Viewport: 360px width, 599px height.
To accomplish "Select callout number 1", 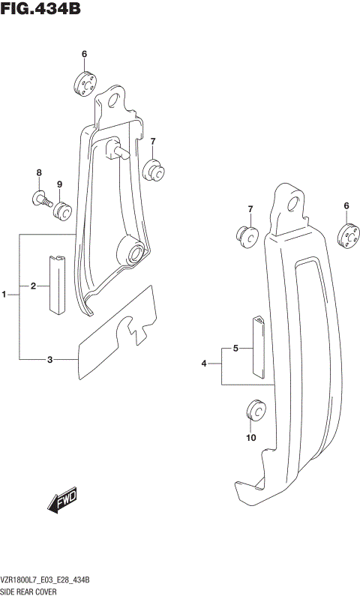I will (x=4, y=295).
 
